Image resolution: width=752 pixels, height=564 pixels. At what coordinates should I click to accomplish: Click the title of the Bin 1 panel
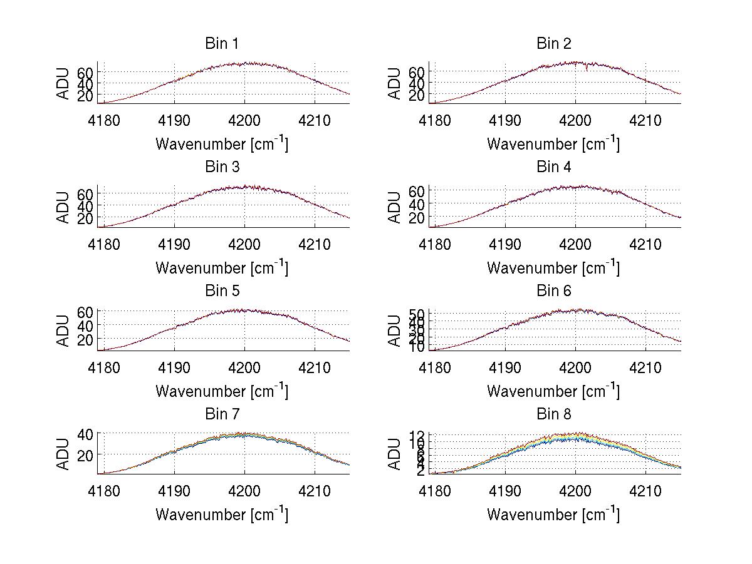point(222,43)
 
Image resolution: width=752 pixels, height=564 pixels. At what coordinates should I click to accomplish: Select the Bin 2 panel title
point(553,43)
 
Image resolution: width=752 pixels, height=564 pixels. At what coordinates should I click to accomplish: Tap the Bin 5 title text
point(222,290)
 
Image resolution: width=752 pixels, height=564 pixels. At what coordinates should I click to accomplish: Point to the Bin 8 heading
point(553,414)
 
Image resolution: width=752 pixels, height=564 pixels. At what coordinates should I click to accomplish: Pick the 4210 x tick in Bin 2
point(645,120)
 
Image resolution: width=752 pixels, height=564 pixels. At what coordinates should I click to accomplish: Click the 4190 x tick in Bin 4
point(505,244)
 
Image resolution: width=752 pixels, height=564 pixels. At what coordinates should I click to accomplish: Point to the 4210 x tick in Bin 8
point(645,491)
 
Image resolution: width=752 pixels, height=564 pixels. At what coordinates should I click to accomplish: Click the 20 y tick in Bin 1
point(85,95)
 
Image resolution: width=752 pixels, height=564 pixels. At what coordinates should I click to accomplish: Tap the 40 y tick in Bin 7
point(85,433)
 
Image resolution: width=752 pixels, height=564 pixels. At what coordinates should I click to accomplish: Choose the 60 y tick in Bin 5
point(85,312)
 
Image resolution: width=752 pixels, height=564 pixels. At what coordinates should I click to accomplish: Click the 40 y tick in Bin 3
point(85,206)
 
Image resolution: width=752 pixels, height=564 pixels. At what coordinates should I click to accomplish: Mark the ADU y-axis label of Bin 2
point(395,83)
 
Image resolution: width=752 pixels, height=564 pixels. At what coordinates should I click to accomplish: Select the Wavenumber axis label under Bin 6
point(553,391)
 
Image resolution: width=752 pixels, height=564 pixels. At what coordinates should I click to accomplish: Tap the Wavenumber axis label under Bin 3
point(222,267)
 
